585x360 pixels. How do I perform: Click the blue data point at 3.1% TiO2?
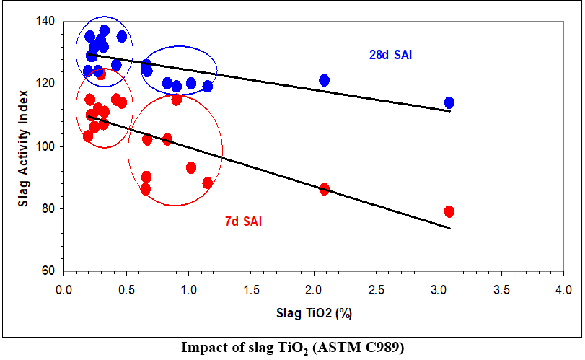[449, 102]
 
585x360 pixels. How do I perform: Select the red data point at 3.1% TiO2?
[449, 211]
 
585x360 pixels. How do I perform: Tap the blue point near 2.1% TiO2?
[325, 80]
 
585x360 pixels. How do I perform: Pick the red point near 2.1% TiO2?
[325, 189]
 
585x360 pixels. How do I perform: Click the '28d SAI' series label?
[390, 54]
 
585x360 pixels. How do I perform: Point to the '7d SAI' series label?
[243, 221]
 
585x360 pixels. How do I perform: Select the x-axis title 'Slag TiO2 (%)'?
[314, 314]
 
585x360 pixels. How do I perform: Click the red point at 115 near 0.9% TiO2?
[177, 100]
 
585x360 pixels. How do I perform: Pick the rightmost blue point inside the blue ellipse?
[208, 87]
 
